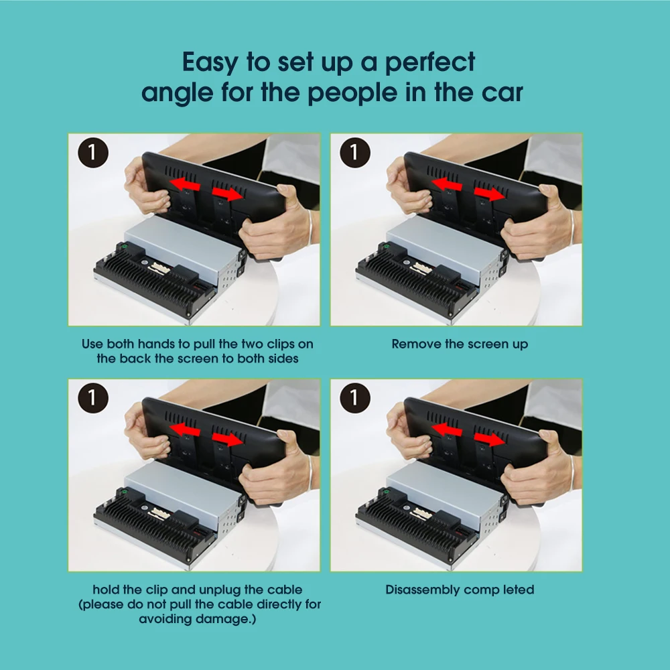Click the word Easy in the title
pyautogui.click(x=210, y=62)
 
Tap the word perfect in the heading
pyautogui.click(x=430, y=62)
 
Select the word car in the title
pyautogui.click(x=503, y=92)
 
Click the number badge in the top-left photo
pyautogui.click(x=92, y=153)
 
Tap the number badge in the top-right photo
pyautogui.click(x=354, y=153)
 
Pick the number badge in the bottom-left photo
pyautogui.click(x=92, y=398)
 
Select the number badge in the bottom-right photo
pyautogui.click(x=354, y=398)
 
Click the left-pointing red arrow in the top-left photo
pyautogui.click(x=185, y=185)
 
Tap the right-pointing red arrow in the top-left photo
pyautogui.click(x=228, y=194)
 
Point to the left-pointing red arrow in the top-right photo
pyautogui.click(x=447, y=185)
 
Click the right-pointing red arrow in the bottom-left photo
pyautogui.click(x=228, y=439)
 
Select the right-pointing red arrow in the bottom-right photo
pyautogui.click(x=490, y=439)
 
